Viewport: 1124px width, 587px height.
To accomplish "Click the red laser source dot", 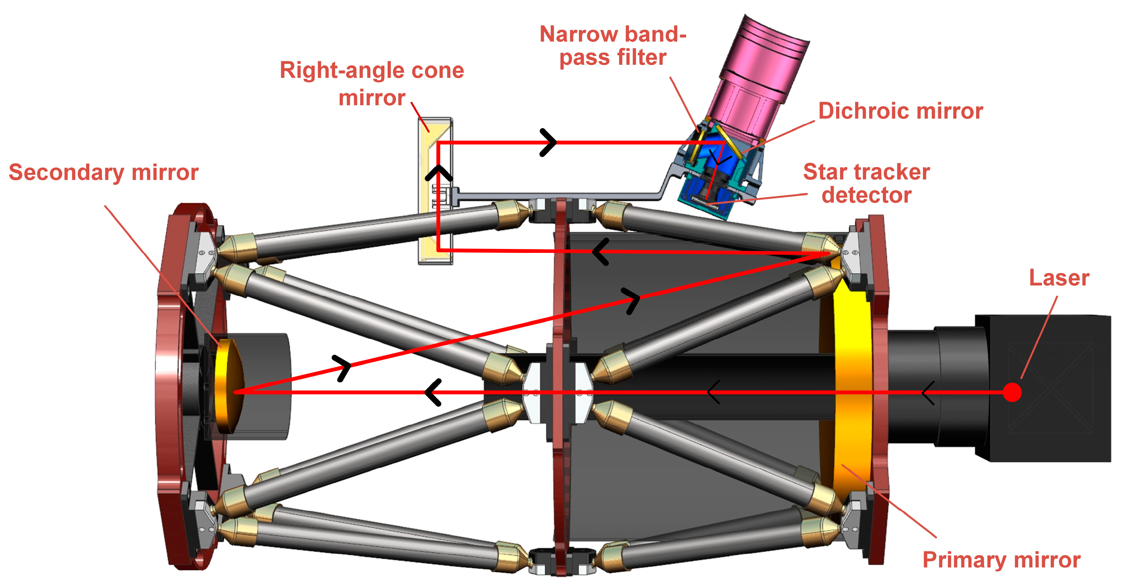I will (1012, 392).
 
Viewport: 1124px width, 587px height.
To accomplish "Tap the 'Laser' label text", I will (1059, 278).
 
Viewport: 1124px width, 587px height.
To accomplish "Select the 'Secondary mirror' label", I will (103, 172).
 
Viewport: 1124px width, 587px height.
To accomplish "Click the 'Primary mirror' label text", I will (1001, 560).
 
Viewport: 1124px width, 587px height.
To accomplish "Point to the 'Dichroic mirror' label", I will (900, 111).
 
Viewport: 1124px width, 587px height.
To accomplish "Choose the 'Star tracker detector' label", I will (866, 183).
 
